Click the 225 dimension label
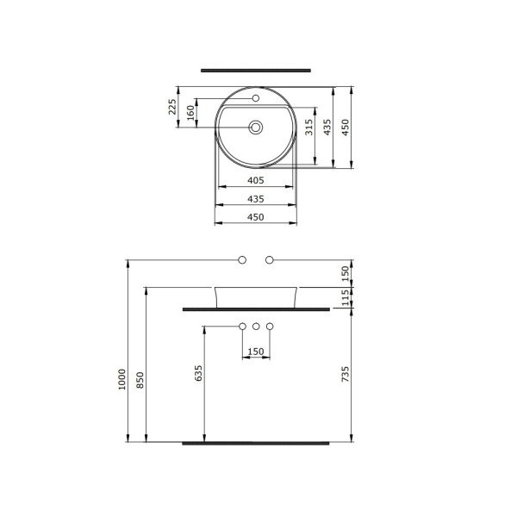(172, 107)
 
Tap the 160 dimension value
(191, 113)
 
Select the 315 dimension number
(309, 127)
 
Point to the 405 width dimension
(256, 180)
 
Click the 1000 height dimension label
(122, 379)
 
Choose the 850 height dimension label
(140, 380)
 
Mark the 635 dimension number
(198, 373)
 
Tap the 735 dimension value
(346, 374)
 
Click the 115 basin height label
(346, 298)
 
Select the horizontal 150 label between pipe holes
(256, 352)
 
